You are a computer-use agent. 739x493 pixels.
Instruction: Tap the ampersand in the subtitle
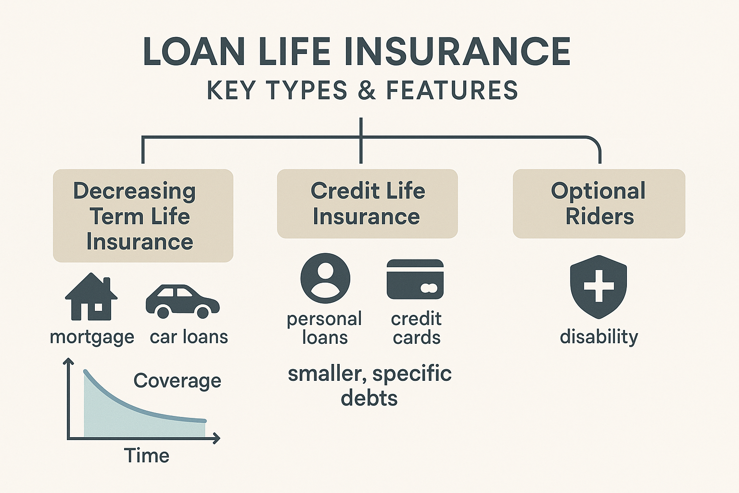pos(367,91)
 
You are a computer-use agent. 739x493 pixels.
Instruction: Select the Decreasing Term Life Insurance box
pos(143,216)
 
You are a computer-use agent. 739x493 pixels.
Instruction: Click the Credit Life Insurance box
pos(367,204)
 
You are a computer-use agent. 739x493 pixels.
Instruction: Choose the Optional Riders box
pos(599,204)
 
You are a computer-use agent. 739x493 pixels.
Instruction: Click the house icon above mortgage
pos(91,297)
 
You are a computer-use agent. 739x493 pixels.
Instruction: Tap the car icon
pos(182,301)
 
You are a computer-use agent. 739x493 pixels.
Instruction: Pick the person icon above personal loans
pos(325,279)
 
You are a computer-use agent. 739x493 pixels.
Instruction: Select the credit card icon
pos(415,279)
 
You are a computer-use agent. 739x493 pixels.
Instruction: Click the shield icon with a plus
pos(598,286)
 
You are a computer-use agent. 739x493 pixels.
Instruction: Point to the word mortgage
pos(92,337)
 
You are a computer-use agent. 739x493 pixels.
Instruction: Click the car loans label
pos(189,337)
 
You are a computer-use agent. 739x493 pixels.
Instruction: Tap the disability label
pos(599,337)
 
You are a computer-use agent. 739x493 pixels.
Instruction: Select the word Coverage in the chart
pos(177,381)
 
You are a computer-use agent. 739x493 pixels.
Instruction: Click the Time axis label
pos(146,455)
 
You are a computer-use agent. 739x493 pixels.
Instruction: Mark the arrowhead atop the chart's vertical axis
pos(69,361)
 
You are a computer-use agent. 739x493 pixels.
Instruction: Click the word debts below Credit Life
pos(369,398)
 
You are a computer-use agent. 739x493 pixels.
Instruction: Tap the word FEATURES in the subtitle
pos(452,91)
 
